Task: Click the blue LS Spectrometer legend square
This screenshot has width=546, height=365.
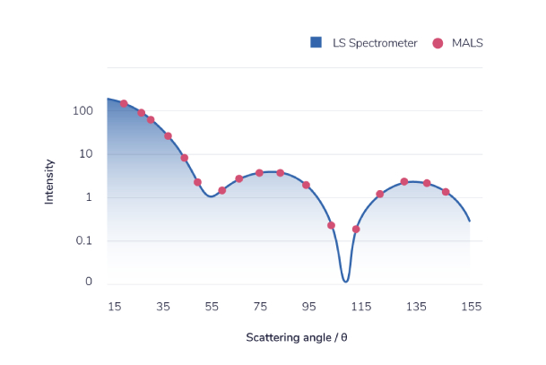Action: (316, 42)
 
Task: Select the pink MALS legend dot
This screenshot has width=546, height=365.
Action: (438, 42)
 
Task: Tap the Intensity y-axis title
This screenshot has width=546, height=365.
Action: (50, 181)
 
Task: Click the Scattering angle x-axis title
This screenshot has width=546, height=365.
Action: (297, 338)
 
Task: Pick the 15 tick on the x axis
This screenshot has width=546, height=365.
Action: (114, 307)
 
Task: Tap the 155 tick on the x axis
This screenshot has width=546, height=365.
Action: (471, 307)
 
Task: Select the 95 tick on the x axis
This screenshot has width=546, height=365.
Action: (308, 307)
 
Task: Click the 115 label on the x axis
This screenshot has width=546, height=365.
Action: (361, 307)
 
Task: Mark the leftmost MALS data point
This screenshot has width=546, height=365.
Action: (124, 104)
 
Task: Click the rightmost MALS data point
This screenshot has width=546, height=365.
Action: (446, 192)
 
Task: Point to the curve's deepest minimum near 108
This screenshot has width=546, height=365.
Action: (345, 281)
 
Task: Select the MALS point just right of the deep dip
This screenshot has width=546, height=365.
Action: (356, 229)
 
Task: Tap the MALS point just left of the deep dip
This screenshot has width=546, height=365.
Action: (331, 225)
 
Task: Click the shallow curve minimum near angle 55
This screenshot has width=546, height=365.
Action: (211, 196)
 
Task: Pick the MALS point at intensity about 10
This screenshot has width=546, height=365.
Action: (185, 158)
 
